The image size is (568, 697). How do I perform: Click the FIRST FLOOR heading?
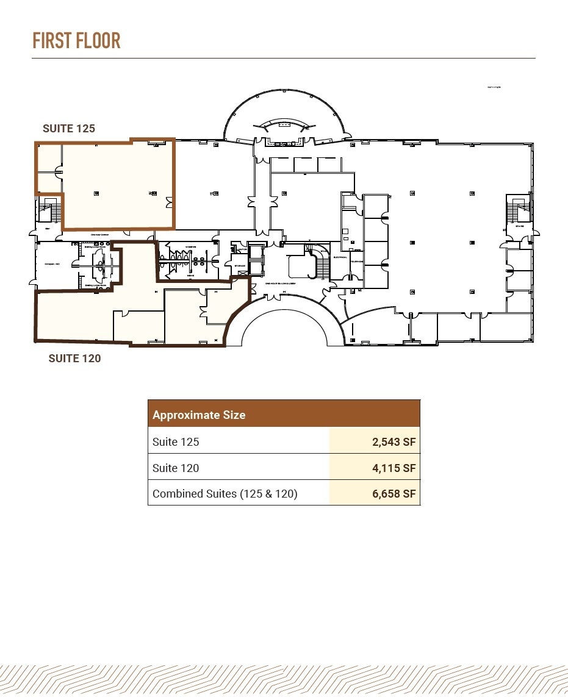pos(76,41)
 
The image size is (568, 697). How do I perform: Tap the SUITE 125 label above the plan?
pos(68,129)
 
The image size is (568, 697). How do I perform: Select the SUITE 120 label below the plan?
pos(74,359)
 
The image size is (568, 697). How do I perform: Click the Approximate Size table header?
pos(199,415)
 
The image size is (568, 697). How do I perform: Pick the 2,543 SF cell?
pos(394,441)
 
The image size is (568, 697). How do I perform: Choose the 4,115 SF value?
pos(394,468)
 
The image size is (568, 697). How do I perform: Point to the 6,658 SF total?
pos(394,494)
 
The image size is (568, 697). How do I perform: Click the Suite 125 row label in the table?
pos(176,441)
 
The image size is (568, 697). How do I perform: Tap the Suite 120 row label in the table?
pos(176,468)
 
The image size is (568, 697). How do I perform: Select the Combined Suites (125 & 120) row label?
pos(225,494)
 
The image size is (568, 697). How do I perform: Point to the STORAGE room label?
pos(238,266)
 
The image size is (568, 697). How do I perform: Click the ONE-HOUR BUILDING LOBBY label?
pos(280,284)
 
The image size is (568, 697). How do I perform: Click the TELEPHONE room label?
pos(356,261)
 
